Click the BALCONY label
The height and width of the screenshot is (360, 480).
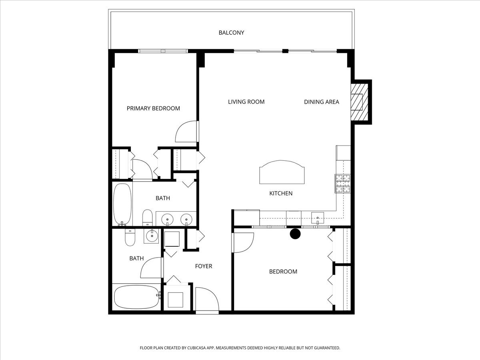(231, 32)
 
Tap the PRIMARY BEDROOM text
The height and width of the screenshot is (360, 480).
(153, 108)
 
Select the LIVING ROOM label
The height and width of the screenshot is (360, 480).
(246, 102)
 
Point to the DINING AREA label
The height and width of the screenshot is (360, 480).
(321, 102)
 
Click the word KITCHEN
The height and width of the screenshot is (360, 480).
(281, 193)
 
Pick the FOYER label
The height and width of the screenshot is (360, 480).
(203, 266)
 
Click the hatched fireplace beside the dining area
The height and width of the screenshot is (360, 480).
(358, 102)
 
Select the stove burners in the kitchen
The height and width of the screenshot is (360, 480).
(343, 184)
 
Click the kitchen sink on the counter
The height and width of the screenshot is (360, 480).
(318, 218)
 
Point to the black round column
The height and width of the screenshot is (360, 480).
(295, 234)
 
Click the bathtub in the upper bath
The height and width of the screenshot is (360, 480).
(122, 204)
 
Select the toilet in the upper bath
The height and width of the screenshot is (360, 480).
(147, 217)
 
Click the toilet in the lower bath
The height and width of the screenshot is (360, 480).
(130, 238)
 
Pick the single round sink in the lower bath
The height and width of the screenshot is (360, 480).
(152, 236)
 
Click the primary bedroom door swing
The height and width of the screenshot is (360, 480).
(186, 132)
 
